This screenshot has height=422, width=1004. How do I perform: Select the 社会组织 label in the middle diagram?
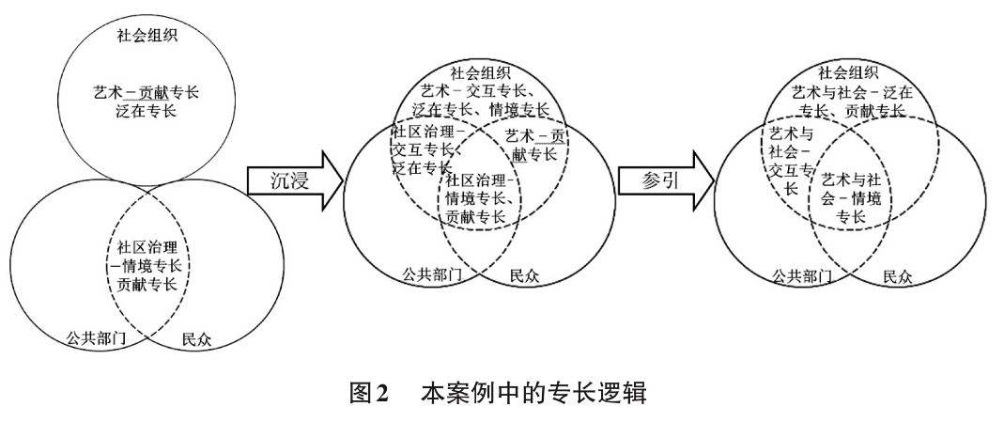tap(480, 71)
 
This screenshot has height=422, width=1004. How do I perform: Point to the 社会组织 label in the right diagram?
tap(849, 72)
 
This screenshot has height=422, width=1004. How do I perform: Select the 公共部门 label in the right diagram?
tap(800, 275)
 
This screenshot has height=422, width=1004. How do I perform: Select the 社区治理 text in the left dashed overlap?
tap(147, 248)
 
